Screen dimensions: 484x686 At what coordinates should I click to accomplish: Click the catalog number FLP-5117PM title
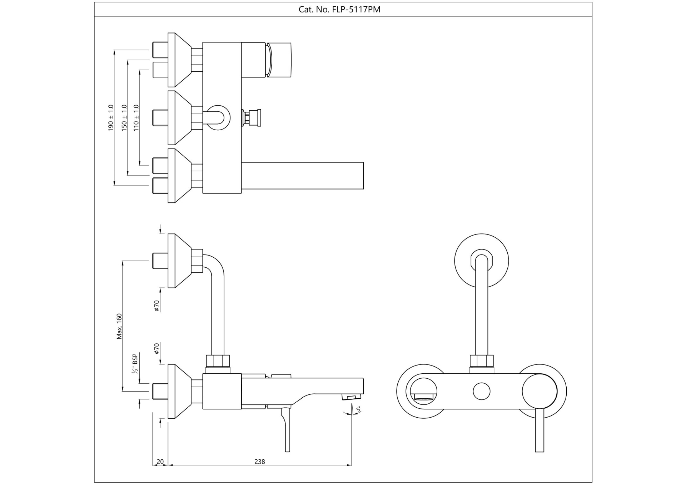coord(339,10)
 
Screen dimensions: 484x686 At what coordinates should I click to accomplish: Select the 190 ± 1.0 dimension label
coord(111,118)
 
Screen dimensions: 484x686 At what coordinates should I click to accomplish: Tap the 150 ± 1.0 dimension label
coord(124,118)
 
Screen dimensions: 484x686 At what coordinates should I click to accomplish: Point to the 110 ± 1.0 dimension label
coord(136,118)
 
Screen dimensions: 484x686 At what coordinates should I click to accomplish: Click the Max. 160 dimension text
coord(119,326)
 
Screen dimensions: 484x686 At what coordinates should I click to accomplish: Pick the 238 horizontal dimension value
coord(260,462)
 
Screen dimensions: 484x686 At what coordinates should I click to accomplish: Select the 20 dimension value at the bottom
coord(160,462)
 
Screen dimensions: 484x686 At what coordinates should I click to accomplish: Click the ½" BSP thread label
coord(135,364)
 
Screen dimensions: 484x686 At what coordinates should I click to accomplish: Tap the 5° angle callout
coord(358,409)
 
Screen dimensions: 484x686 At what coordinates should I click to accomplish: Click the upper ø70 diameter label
coord(156,306)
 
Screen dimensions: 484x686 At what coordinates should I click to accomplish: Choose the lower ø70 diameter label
coord(156,348)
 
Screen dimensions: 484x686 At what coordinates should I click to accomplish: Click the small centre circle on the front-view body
coord(481,391)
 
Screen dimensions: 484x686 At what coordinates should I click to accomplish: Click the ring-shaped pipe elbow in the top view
coord(218,117)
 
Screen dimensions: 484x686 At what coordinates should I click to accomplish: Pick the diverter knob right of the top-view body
coord(252,117)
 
